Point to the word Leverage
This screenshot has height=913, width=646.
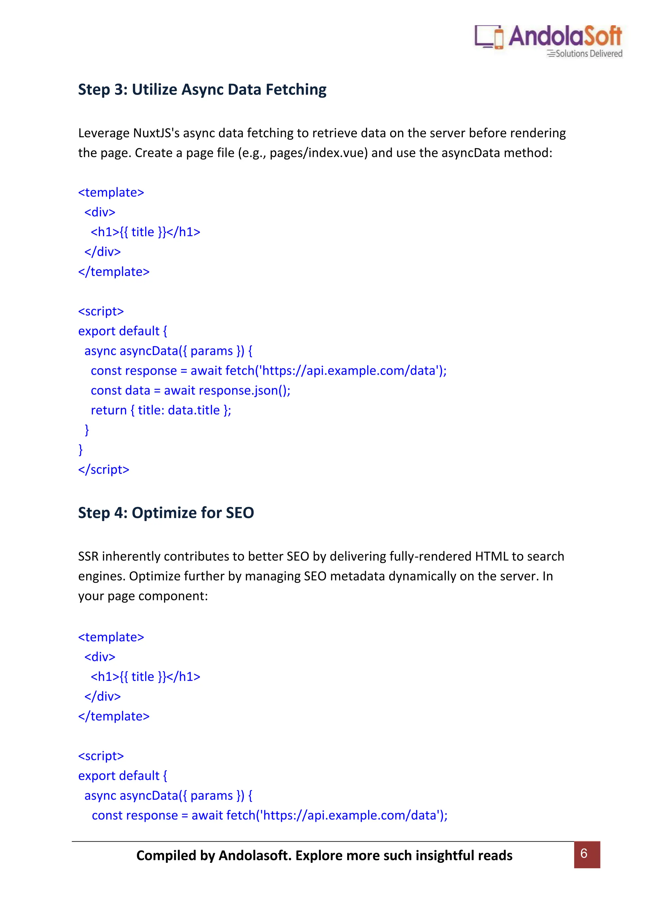(x=104, y=133)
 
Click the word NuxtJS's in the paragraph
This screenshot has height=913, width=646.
(x=156, y=133)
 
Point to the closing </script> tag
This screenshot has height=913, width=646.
(x=104, y=470)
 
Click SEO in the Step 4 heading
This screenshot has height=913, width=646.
(x=239, y=513)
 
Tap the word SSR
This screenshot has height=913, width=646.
(x=88, y=556)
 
